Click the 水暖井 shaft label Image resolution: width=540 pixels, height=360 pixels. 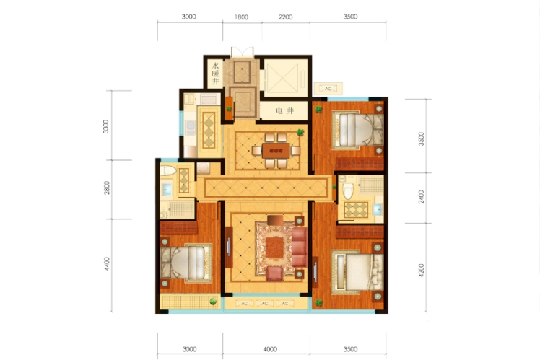215,74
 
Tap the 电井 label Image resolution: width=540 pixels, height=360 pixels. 285,111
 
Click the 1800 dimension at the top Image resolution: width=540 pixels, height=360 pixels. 242,17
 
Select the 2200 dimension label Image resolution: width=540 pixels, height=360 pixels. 285,17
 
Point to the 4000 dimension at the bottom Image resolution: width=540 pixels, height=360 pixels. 270,349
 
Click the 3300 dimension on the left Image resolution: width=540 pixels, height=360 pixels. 105,126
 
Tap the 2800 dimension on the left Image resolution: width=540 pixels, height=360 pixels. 107,188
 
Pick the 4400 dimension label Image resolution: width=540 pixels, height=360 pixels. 107,263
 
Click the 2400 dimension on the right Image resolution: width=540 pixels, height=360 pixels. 421,197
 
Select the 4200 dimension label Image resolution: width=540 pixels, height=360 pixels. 421,271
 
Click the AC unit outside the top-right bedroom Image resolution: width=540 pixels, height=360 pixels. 328,89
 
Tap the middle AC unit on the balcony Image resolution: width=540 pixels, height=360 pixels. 264,303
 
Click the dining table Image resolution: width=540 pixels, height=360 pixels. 276,150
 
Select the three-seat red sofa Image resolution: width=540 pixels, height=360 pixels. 299,247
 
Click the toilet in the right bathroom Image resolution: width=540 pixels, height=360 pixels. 348,191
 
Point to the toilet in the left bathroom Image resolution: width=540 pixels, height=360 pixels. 168,170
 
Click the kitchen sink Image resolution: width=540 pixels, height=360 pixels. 190,128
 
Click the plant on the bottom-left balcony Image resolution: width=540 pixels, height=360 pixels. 213,302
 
